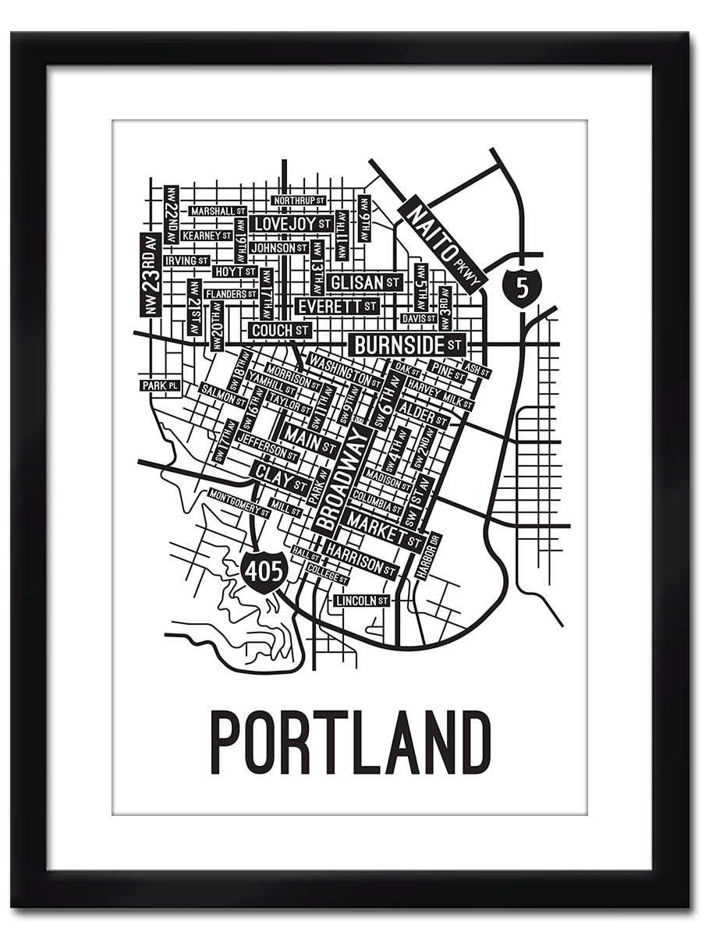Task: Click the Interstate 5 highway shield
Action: click(x=521, y=286)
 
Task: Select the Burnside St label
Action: click(x=407, y=343)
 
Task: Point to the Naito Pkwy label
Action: click(x=441, y=243)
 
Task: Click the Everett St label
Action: click(x=337, y=306)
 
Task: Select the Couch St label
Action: click(x=280, y=331)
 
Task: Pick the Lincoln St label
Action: click(x=362, y=601)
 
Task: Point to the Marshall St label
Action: click(x=218, y=211)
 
